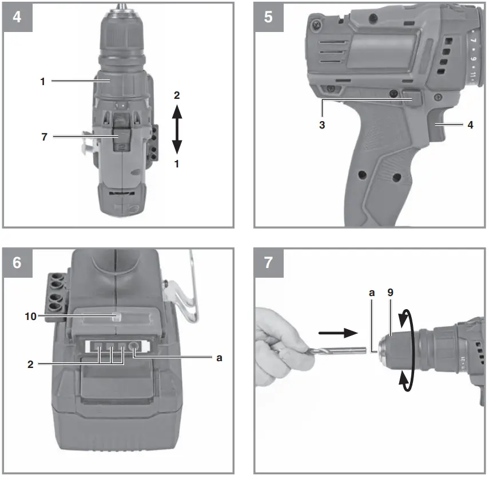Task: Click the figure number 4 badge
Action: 17,17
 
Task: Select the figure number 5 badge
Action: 268,17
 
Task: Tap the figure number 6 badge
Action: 17,263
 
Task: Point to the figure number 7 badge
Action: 268,263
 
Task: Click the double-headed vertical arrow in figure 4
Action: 177,130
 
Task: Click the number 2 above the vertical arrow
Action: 177,95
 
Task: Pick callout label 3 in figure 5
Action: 323,123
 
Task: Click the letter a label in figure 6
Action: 218,358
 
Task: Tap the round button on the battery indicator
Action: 136,346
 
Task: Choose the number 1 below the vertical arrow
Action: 177,164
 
